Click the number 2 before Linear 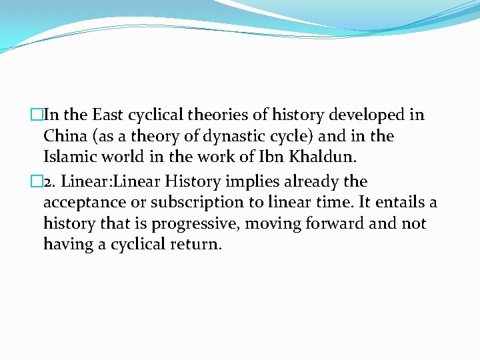47,181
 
